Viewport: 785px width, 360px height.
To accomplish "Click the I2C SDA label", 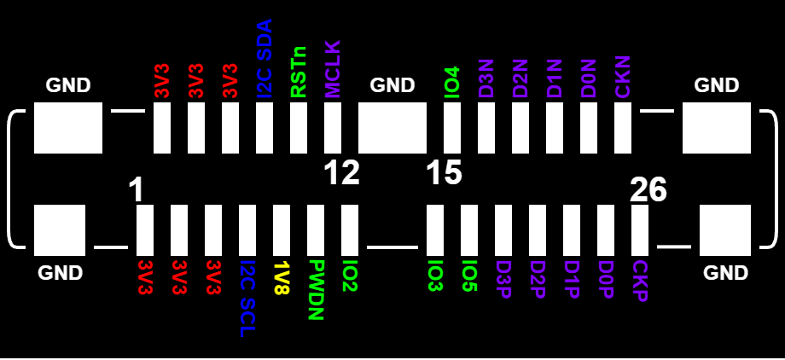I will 265,59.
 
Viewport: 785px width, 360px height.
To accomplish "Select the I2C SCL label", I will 247,299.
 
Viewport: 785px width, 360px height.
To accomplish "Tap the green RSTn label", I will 299,73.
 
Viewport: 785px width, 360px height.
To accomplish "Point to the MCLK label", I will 333,69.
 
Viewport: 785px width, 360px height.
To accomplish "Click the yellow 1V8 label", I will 282,277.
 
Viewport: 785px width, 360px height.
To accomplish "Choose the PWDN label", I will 316,290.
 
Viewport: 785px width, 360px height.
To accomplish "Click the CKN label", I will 623,77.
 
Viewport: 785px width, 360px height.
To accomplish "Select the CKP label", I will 640,282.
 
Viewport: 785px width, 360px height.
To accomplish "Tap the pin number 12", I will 341,173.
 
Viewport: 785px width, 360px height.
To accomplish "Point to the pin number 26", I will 648,190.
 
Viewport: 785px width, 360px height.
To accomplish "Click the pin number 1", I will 137,190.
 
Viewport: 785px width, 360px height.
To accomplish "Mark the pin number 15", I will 445,173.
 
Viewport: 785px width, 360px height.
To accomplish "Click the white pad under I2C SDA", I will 265,128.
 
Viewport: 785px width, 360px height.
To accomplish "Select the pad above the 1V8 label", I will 282,230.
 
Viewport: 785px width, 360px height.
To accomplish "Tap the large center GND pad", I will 392,128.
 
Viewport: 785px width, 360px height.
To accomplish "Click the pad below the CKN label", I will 623,128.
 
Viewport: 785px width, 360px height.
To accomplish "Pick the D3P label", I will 503,279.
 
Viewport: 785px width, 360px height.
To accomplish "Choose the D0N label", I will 589,78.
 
